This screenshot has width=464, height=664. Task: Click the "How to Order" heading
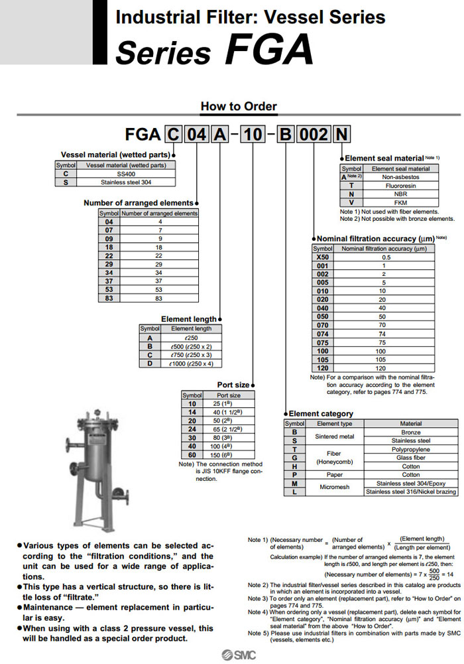click(x=239, y=106)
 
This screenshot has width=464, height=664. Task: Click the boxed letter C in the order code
click(x=172, y=136)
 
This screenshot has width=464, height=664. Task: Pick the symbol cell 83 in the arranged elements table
click(x=109, y=299)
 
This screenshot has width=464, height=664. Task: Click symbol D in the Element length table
click(x=150, y=364)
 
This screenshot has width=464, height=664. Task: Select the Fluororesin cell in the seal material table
click(x=400, y=186)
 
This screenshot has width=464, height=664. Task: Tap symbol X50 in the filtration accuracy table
click(x=322, y=257)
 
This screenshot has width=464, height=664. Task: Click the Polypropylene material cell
click(x=411, y=448)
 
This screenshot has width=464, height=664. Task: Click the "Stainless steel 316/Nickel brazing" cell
click(x=411, y=492)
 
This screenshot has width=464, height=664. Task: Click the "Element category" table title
click(x=321, y=413)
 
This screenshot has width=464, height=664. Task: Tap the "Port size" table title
click(x=233, y=385)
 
